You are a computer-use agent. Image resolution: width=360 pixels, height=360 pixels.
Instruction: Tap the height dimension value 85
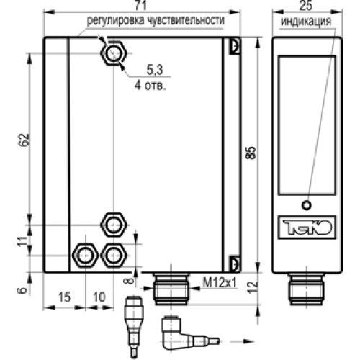coord(250,153)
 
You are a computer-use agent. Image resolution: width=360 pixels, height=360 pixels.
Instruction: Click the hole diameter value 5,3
coord(154,71)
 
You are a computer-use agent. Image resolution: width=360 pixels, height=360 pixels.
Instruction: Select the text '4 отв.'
coord(150,84)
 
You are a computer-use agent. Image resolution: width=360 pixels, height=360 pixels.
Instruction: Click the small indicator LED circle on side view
coord(307,204)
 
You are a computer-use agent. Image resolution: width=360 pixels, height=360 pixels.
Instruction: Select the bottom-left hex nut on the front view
coord(86,253)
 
